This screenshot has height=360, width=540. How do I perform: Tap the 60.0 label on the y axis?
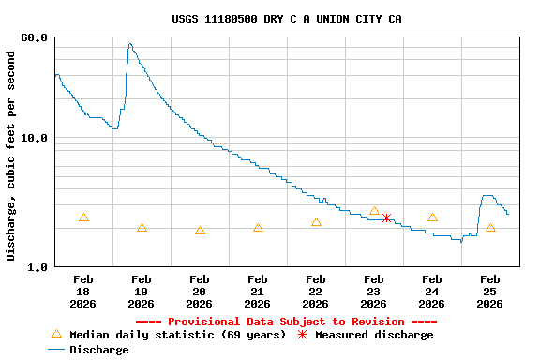[x=35, y=37]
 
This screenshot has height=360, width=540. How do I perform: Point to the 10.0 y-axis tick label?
[x=35, y=138]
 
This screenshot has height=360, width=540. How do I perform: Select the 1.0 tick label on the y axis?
[x=38, y=267]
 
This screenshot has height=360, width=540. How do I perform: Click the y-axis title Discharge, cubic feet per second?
[x=11, y=156]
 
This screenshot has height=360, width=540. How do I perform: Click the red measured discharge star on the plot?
[x=386, y=217]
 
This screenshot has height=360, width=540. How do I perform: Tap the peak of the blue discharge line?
[x=129, y=44]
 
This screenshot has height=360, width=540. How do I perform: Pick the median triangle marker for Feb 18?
[x=83, y=217]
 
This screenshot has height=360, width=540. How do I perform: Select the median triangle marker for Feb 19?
[x=142, y=228]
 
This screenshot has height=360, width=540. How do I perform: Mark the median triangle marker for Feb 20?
[x=200, y=231]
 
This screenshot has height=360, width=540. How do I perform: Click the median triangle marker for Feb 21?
[x=258, y=228]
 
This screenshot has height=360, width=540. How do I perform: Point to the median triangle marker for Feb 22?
[x=316, y=222]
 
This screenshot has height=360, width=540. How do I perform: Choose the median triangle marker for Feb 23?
[x=374, y=211]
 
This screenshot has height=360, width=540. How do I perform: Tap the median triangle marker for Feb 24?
[x=432, y=217]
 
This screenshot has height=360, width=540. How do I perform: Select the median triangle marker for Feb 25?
[x=490, y=228]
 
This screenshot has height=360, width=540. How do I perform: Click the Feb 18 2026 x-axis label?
[x=83, y=291]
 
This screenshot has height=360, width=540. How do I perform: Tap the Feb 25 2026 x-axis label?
[x=490, y=291]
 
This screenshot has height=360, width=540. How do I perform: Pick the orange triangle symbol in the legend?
[x=56, y=334]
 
